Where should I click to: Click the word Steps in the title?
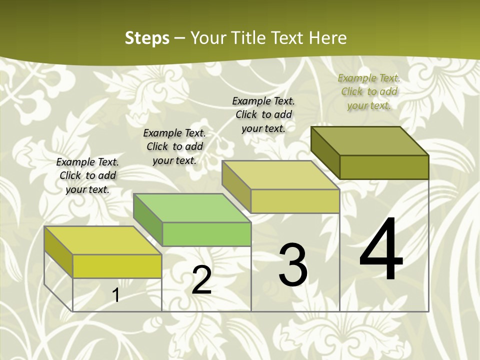click(x=147, y=38)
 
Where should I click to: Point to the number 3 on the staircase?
click(x=293, y=264)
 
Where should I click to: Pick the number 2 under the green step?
click(x=201, y=280)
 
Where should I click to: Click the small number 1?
click(x=116, y=295)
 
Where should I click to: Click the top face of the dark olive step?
click(x=370, y=141)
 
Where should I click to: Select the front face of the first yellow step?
click(x=117, y=266)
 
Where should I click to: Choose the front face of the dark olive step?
click(x=384, y=167)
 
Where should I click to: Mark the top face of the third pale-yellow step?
click(x=281, y=175)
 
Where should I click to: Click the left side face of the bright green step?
click(x=148, y=220)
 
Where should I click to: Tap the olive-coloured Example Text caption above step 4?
click(x=369, y=91)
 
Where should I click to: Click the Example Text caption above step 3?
click(x=263, y=114)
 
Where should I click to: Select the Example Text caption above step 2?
click(x=174, y=146)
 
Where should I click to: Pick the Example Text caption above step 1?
click(x=87, y=175)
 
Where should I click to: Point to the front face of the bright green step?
click(x=206, y=234)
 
